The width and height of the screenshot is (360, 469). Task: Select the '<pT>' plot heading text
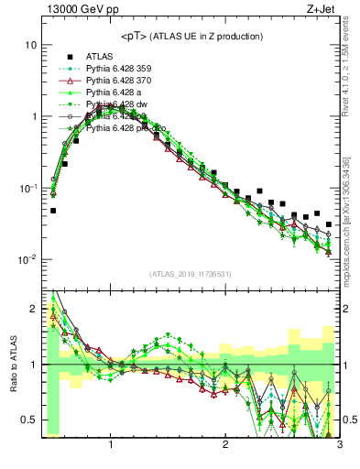191,36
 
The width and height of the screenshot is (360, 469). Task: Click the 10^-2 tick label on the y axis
27,259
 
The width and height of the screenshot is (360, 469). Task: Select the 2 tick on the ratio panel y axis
33,309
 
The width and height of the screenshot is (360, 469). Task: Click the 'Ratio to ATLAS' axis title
12,363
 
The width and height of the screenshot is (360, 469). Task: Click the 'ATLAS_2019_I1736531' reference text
191,273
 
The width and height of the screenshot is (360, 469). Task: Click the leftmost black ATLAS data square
53,211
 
